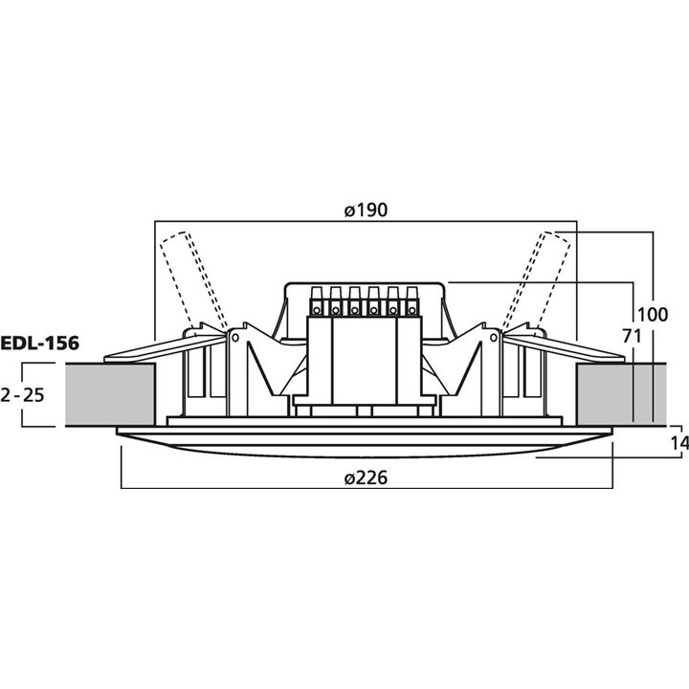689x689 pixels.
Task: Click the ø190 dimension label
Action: (x=365, y=211)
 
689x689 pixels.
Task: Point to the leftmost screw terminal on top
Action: (x=317, y=301)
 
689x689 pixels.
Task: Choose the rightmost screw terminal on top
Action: (x=412, y=301)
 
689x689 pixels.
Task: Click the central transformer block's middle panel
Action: (x=365, y=359)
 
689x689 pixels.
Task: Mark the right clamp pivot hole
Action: (x=495, y=336)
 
